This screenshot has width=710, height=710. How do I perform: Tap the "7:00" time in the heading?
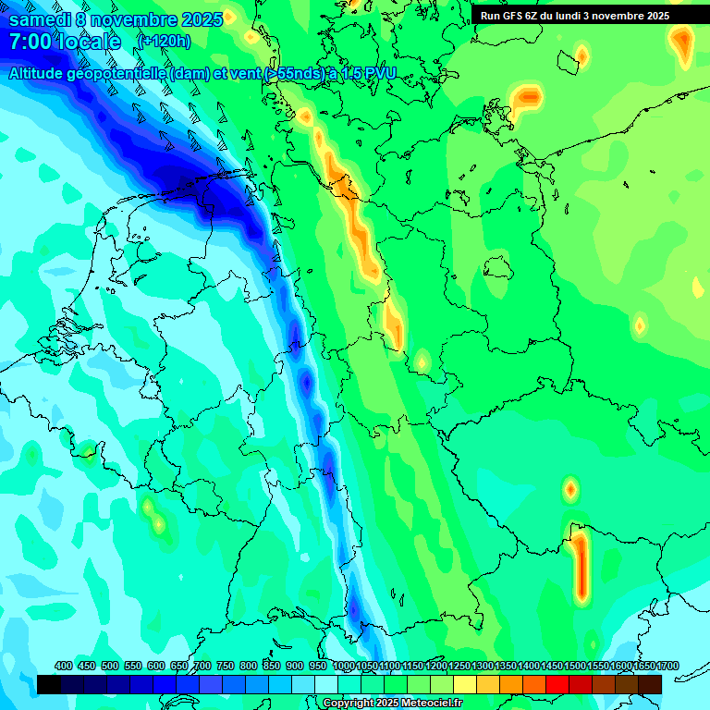point(29,42)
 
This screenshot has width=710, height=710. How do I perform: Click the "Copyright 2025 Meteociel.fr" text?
point(392,704)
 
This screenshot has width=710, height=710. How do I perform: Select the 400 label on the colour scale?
point(64,666)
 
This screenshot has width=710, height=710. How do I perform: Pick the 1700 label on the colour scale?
point(667,666)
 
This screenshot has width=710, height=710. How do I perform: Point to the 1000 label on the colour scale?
point(344,666)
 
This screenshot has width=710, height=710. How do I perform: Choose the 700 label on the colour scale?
point(202,666)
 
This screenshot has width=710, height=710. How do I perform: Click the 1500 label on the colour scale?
point(575,666)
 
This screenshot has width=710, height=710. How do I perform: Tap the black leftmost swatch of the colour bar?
point(49,684)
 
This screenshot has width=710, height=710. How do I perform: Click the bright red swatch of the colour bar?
point(557,684)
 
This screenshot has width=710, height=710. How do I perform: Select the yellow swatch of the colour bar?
point(465,684)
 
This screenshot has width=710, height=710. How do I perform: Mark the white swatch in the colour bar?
point(326,684)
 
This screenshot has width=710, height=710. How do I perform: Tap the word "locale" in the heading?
point(88,42)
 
